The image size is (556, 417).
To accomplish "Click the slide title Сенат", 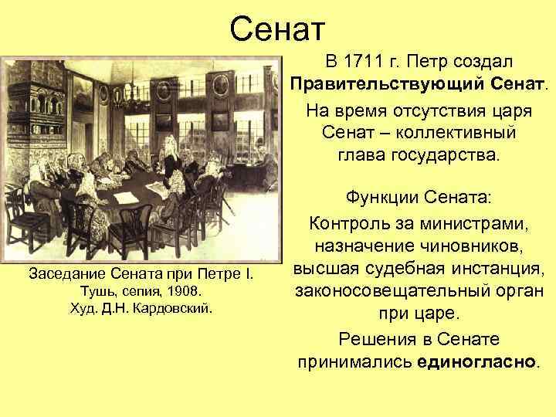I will (278, 29).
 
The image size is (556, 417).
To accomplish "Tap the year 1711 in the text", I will (358, 61).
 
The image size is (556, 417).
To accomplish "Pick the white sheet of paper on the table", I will (126, 197).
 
